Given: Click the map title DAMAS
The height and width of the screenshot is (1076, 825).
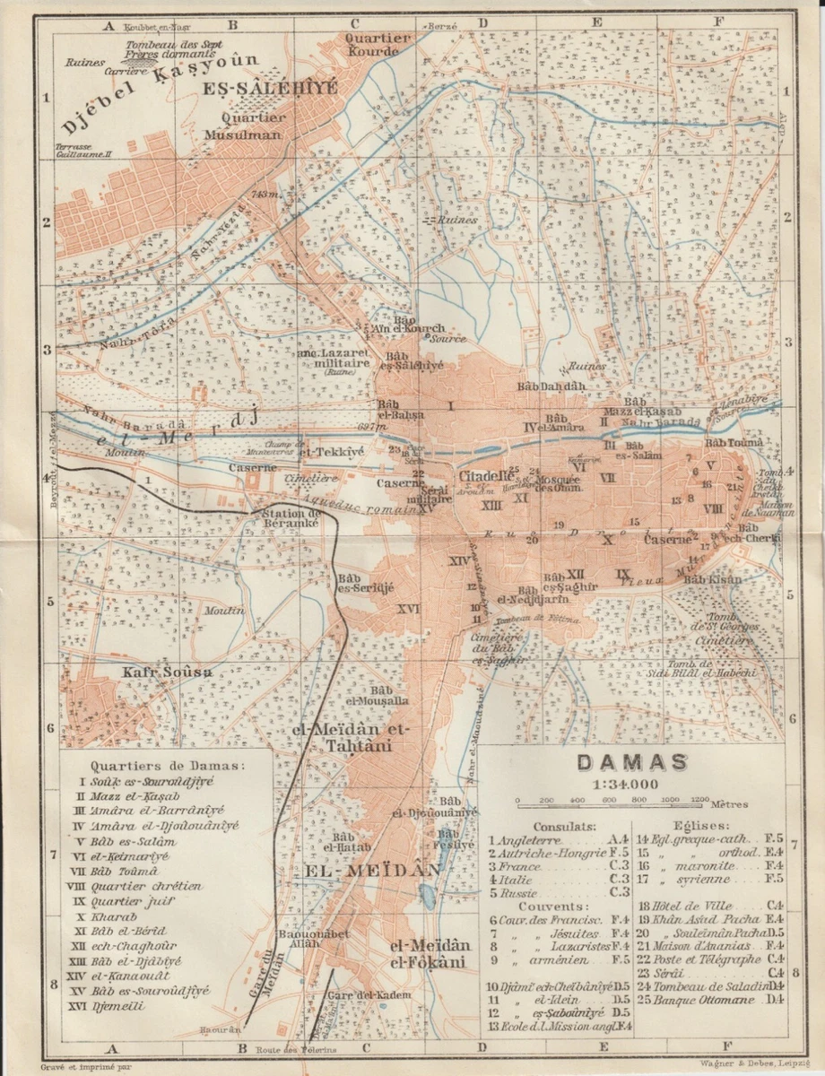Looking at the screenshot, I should click(x=632, y=763).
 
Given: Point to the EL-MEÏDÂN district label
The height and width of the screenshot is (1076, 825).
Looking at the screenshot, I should click(x=371, y=870).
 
